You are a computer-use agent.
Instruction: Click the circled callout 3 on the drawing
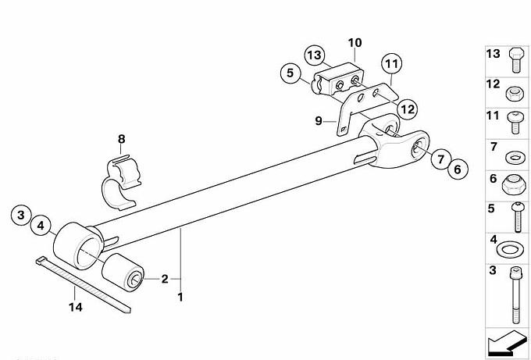click(x=23, y=213)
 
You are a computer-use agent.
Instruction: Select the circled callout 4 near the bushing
click(x=41, y=227)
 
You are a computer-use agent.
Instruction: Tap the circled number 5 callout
click(x=290, y=74)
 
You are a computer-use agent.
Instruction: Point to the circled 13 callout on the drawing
click(x=314, y=55)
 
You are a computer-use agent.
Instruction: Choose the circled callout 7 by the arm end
click(x=438, y=159)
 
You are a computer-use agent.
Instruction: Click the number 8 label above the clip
click(x=121, y=140)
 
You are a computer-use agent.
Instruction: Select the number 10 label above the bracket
click(x=355, y=41)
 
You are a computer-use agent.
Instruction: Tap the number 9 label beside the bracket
click(x=319, y=120)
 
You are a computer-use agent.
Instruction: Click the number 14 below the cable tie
click(x=73, y=308)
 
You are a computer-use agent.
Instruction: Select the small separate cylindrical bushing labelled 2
click(x=124, y=273)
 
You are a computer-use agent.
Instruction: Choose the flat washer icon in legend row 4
click(x=512, y=249)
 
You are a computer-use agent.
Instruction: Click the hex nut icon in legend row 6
click(x=513, y=184)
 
